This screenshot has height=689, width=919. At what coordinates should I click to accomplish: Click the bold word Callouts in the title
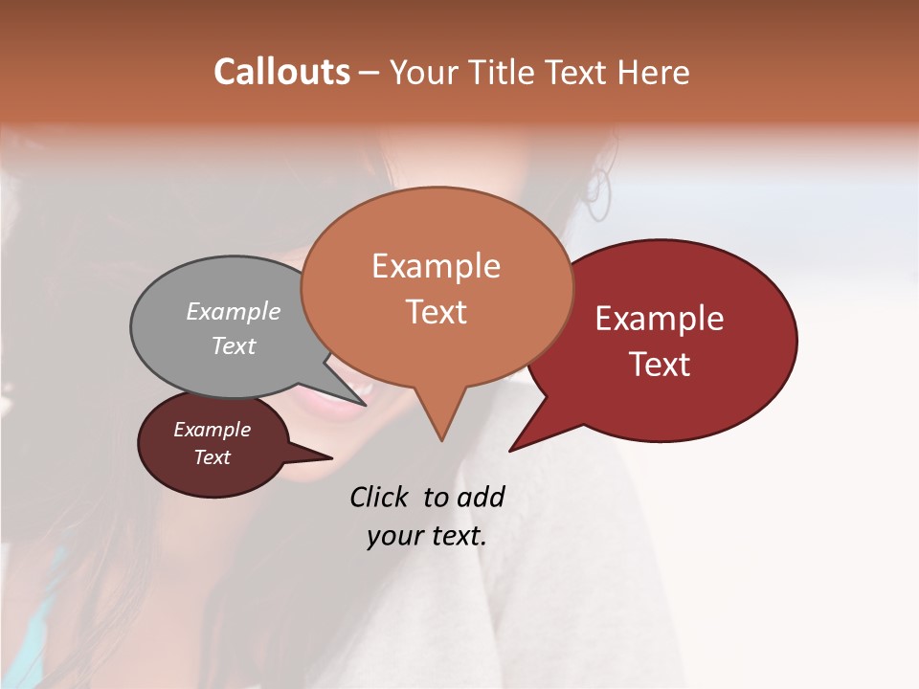click(x=281, y=72)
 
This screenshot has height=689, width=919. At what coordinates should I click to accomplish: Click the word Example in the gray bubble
click(x=234, y=311)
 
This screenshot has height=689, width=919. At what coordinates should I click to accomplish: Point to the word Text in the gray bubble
click(x=234, y=345)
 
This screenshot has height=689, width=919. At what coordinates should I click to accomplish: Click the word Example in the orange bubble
click(x=436, y=266)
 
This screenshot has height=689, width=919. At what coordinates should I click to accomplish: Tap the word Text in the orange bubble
click(x=437, y=312)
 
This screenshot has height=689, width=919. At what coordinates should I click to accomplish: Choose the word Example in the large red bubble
click(x=660, y=319)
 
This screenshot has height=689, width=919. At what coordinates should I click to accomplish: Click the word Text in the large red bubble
click(x=661, y=365)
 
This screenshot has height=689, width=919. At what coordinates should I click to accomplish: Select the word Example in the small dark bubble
click(x=212, y=430)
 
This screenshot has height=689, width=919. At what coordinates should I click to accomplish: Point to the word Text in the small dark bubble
click(x=213, y=457)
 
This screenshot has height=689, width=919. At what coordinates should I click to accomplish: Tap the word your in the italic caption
click(x=392, y=536)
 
